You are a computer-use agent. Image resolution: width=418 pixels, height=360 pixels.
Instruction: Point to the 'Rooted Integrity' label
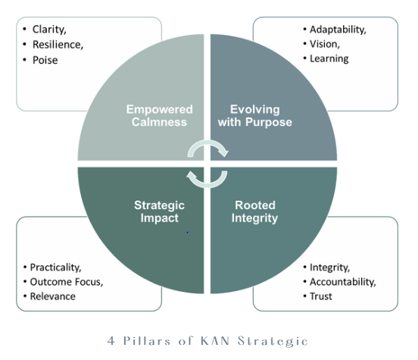point(256,211)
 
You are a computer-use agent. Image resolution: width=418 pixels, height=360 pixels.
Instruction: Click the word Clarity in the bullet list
point(48,30)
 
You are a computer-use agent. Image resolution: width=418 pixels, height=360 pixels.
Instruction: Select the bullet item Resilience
point(58,44)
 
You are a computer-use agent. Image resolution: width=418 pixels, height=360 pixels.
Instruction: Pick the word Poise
point(45,59)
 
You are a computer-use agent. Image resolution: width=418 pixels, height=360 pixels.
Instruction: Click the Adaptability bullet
point(338,30)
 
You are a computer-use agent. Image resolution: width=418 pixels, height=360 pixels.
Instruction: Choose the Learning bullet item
point(329,58)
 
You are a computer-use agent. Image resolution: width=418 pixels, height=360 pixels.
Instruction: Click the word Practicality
point(55,268)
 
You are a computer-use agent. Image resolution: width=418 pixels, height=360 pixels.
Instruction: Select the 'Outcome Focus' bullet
point(66,282)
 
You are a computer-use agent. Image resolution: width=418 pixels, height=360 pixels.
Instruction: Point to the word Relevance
point(52,296)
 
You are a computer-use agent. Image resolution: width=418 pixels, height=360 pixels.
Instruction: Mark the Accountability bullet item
point(342,282)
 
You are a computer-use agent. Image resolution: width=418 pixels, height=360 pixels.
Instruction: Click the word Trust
point(321,296)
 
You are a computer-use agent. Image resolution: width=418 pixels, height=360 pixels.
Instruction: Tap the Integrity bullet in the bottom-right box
point(329,268)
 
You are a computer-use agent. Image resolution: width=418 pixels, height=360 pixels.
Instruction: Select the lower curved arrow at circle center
point(207,177)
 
